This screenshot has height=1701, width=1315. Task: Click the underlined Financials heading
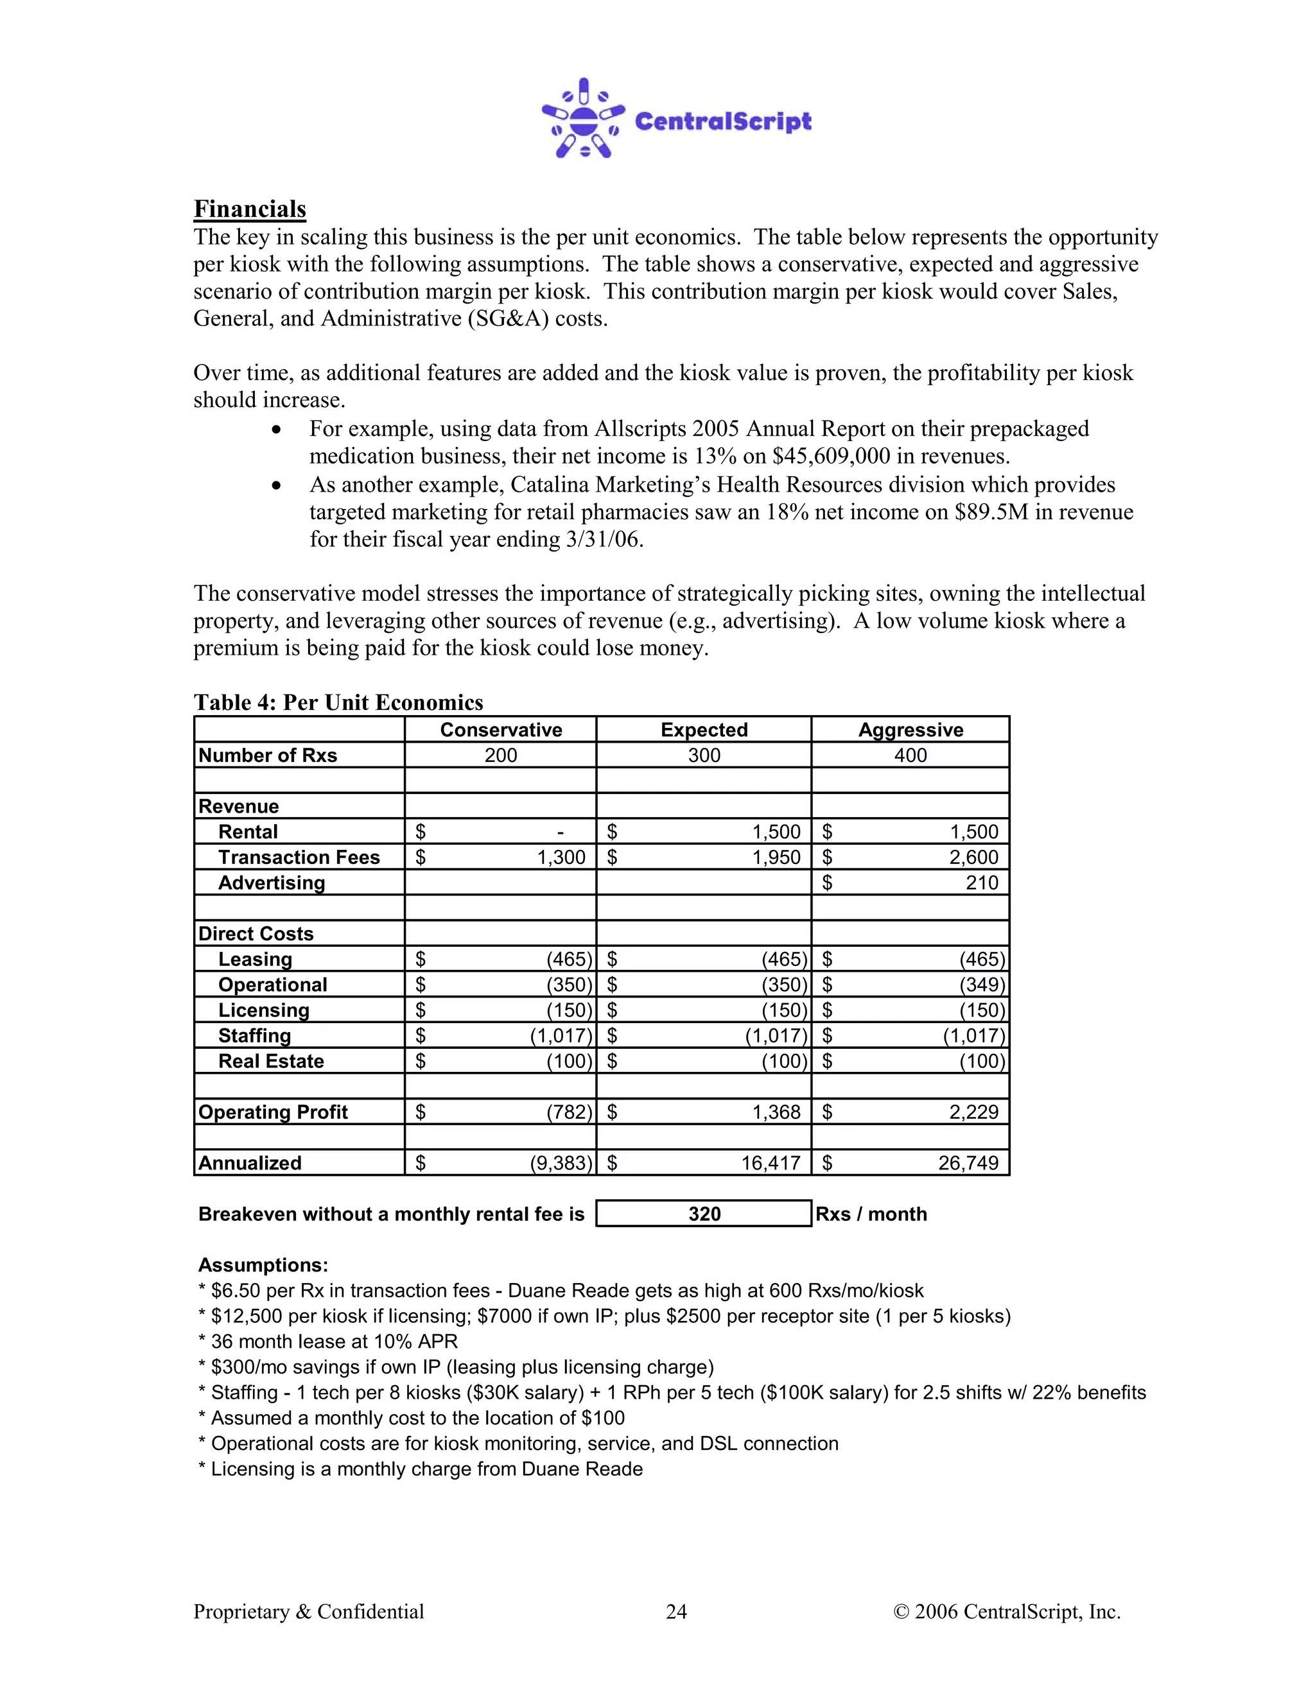[x=249, y=209]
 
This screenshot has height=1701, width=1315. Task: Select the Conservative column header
[x=500, y=730]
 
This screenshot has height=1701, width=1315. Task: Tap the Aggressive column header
[x=910, y=730]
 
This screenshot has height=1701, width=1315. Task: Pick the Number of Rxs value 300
[x=704, y=756]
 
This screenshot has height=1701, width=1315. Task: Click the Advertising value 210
[x=981, y=883]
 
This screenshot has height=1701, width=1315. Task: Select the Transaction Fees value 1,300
[x=561, y=858]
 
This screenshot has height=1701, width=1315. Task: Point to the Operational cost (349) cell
[x=982, y=985]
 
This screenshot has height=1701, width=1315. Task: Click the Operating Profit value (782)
[x=569, y=1112]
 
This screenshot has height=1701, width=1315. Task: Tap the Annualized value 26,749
[x=968, y=1163]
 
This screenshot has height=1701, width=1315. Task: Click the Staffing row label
[x=254, y=1036]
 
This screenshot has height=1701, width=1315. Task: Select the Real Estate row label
[x=270, y=1061]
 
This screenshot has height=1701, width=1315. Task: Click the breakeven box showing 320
[x=704, y=1214]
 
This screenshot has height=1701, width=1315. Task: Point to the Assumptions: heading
[x=263, y=1265]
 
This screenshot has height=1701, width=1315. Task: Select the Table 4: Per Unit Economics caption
[x=338, y=702]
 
